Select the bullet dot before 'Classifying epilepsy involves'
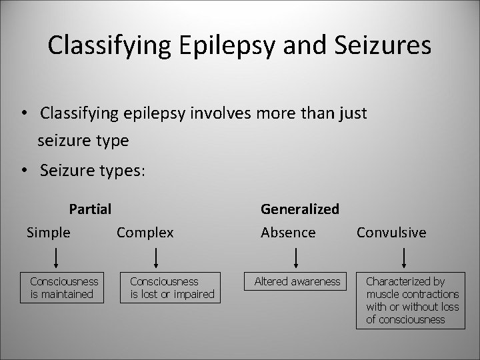point(24,114)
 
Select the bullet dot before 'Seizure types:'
point(24,171)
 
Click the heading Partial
point(90,209)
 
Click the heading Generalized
point(300,209)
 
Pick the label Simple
point(48,233)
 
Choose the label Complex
point(145,233)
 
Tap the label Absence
point(288,233)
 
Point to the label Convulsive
point(391,233)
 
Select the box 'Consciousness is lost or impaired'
point(171,288)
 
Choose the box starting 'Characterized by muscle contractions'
point(411,301)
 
